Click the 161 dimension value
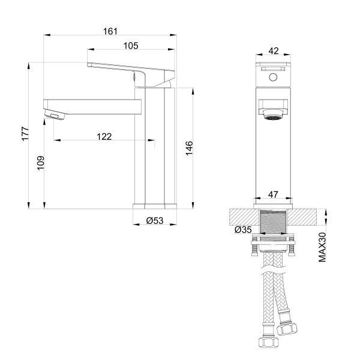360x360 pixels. point(109,31)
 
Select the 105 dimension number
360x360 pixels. point(131,46)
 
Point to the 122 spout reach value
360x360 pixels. point(104,137)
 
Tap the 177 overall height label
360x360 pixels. point(25,133)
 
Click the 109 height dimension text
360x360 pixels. point(41,164)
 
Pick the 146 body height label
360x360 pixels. point(188,148)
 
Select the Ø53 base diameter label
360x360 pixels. point(155,221)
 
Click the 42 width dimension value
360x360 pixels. point(274,51)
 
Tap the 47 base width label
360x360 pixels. point(274,194)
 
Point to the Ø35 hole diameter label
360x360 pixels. point(242,229)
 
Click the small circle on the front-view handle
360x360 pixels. point(274,77)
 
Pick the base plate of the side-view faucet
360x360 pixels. point(155,205)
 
